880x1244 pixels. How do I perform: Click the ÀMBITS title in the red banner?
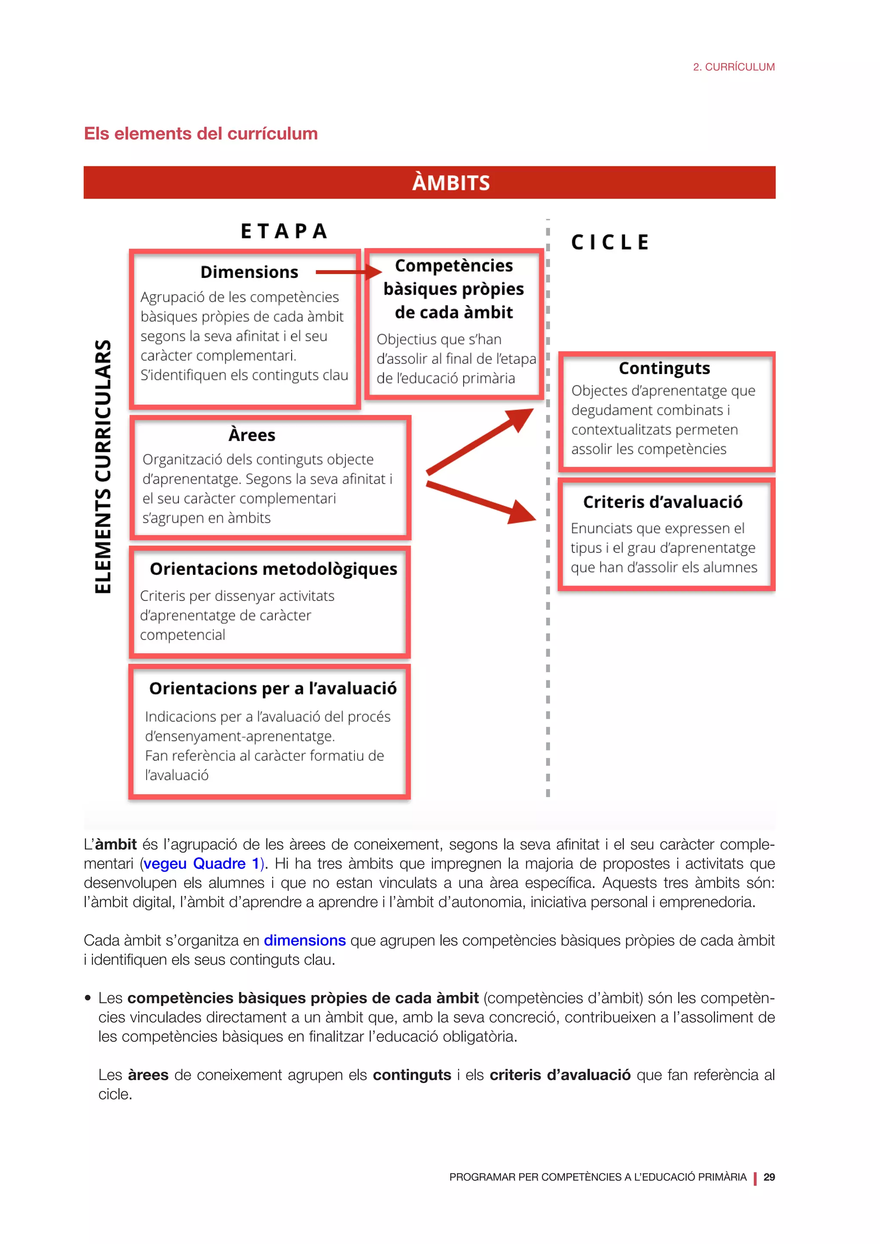point(450,183)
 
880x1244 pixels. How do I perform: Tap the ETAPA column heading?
point(284,232)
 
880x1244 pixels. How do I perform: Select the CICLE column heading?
point(610,242)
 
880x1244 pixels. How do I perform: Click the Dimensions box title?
point(249,272)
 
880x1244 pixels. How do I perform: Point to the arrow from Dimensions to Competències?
point(347,272)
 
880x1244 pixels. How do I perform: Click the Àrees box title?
point(251,435)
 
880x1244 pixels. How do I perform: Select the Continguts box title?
point(664,369)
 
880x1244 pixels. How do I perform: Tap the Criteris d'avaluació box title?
point(662,502)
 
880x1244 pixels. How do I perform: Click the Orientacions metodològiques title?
point(273,569)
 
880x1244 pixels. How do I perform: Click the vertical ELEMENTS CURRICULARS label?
point(103,466)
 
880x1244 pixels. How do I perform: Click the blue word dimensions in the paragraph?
point(305,941)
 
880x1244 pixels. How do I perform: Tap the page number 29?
point(769,1177)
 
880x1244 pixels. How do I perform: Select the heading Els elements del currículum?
point(201,134)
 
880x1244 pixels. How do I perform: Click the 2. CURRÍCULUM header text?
point(734,67)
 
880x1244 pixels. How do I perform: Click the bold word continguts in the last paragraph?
point(412,1075)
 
